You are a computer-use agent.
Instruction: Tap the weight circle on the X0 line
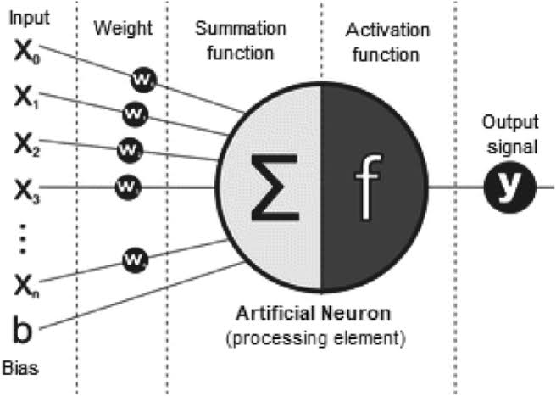pos(142,78)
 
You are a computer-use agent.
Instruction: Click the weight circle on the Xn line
pos(135,255)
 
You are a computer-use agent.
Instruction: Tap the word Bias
pos(25,370)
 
